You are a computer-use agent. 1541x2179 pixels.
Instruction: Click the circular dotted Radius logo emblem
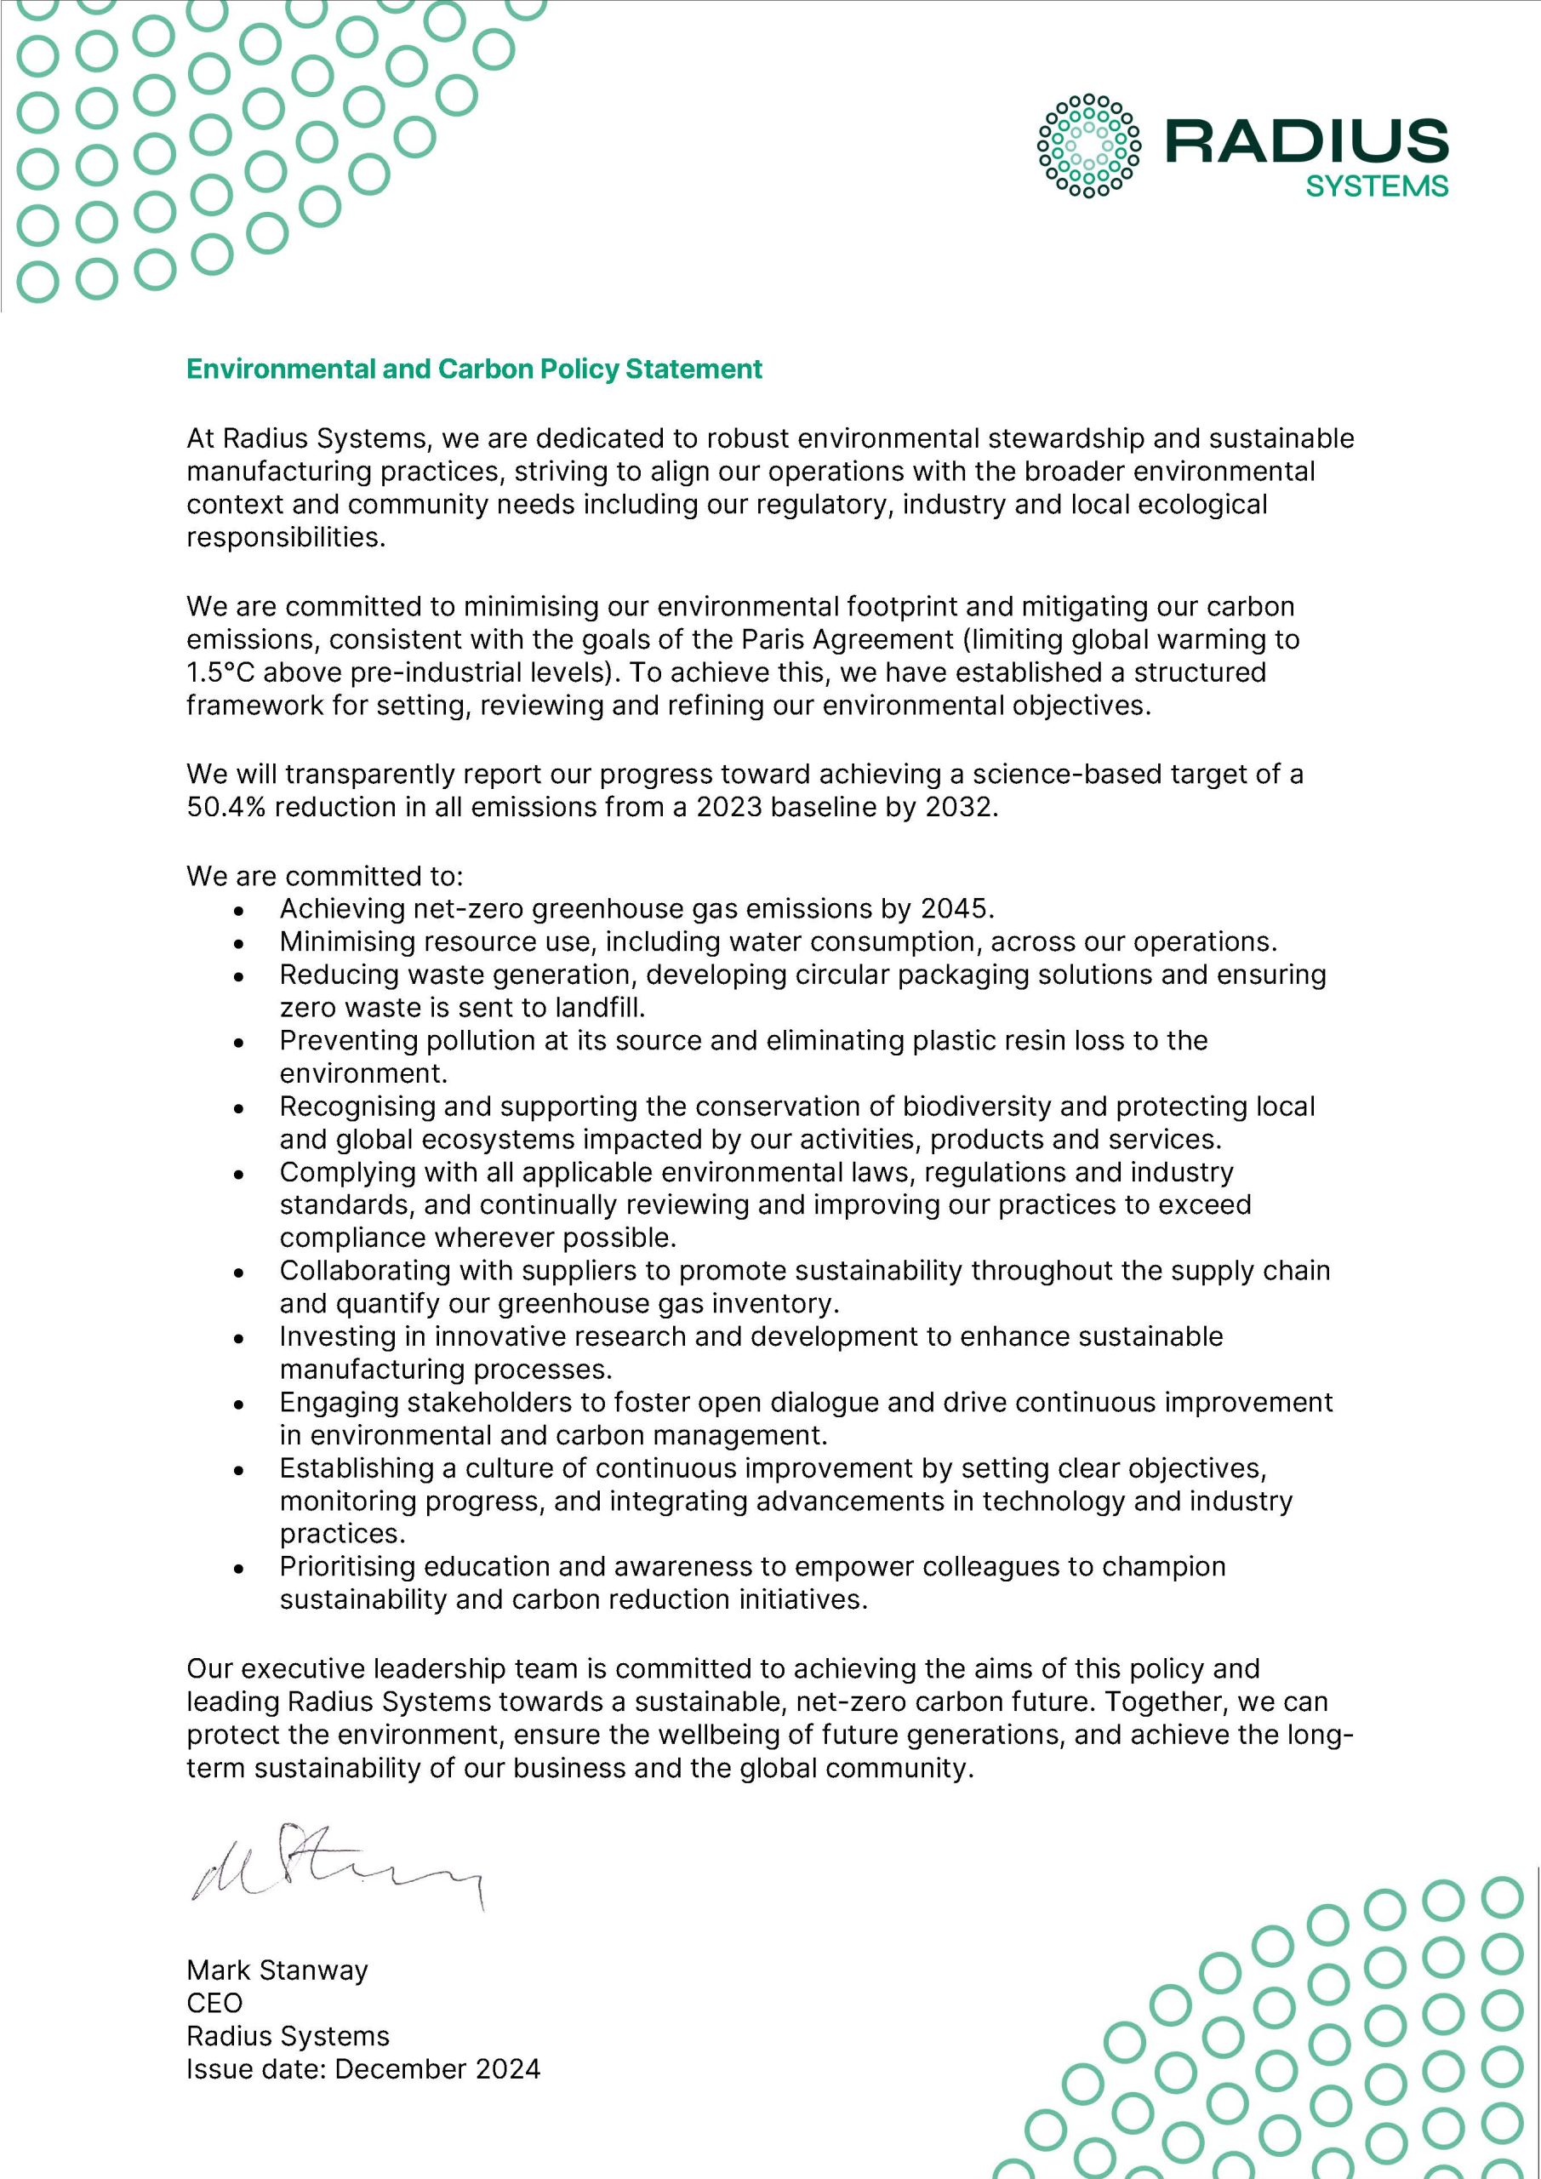(1089, 146)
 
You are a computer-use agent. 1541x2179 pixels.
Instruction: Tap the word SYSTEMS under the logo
(1376, 186)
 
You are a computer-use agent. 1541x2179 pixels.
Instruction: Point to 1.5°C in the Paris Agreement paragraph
(220, 673)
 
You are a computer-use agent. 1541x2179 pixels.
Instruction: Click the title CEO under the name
(214, 2004)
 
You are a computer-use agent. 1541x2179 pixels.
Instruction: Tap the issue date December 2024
(437, 2069)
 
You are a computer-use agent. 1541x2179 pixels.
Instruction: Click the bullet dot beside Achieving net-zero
(240, 910)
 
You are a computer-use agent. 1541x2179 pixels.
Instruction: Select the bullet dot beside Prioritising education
(240, 1569)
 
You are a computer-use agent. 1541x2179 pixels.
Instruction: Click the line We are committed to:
(324, 876)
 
